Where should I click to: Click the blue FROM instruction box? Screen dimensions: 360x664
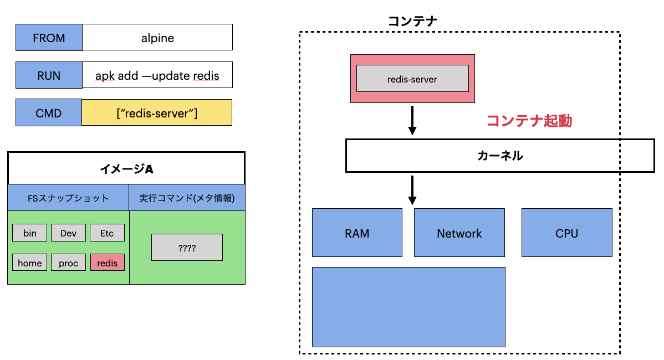coord(49,38)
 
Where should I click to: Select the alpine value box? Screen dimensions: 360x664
coord(157,38)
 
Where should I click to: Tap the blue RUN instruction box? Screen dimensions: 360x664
coord(49,75)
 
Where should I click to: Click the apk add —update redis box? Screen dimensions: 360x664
coord(157,75)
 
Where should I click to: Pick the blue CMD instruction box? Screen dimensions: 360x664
coord(49,113)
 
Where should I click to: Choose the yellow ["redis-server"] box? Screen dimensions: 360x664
coord(157,113)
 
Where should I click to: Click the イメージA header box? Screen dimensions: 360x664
coord(126,168)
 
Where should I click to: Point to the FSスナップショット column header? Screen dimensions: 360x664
coord(68,198)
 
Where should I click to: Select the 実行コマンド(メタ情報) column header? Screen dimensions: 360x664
coord(187,198)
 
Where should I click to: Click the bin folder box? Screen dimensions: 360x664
coord(30,233)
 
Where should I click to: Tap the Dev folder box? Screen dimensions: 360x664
coord(68,233)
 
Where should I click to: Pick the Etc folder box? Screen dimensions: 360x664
coord(107,233)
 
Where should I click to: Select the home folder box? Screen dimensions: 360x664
coord(30,263)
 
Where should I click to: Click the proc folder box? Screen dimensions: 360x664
coord(68,263)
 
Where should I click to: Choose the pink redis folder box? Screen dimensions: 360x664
coord(107,263)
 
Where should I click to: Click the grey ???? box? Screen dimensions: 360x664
coord(187,248)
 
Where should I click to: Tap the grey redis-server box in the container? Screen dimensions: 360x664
coord(412,79)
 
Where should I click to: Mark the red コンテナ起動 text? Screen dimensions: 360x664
coord(529,121)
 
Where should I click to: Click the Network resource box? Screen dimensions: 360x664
coord(459,233)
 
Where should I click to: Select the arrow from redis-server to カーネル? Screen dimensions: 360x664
coord(412,120)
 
